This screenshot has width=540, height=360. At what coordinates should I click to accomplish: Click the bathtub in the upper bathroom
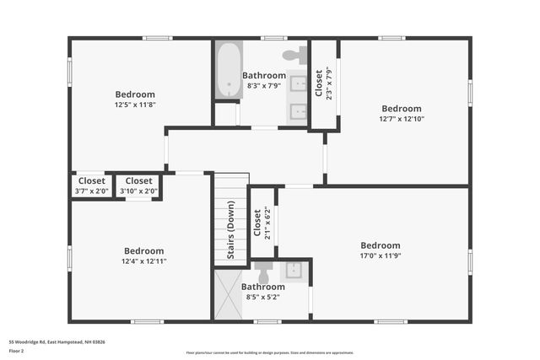pos(229,71)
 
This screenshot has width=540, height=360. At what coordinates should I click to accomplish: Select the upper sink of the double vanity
pos(299,83)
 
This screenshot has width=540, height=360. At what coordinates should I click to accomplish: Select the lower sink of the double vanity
pos(299,111)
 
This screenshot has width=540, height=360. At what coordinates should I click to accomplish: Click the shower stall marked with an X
pos(228,294)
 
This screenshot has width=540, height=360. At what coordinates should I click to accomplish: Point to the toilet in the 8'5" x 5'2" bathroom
pos(263,271)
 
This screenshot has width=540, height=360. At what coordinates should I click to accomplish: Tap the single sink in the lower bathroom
pos(294,271)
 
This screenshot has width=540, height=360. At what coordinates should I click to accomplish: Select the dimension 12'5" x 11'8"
pos(135,105)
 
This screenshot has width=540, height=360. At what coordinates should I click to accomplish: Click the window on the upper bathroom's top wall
pos(273,38)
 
